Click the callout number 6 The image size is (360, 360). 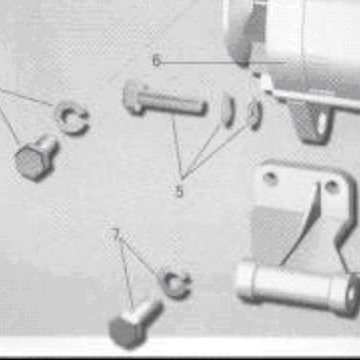(156, 60)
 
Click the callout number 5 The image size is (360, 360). (180, 191)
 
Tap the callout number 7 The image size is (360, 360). (116, 235)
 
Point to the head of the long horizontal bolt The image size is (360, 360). (134, 97)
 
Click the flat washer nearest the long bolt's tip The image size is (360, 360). (227, 109)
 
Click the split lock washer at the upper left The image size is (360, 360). (72, 117)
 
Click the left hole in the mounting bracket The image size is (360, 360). (270, 178)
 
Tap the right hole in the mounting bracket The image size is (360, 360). (332, 185)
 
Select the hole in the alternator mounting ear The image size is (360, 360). (323, 123)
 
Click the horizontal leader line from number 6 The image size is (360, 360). (222, 62)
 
